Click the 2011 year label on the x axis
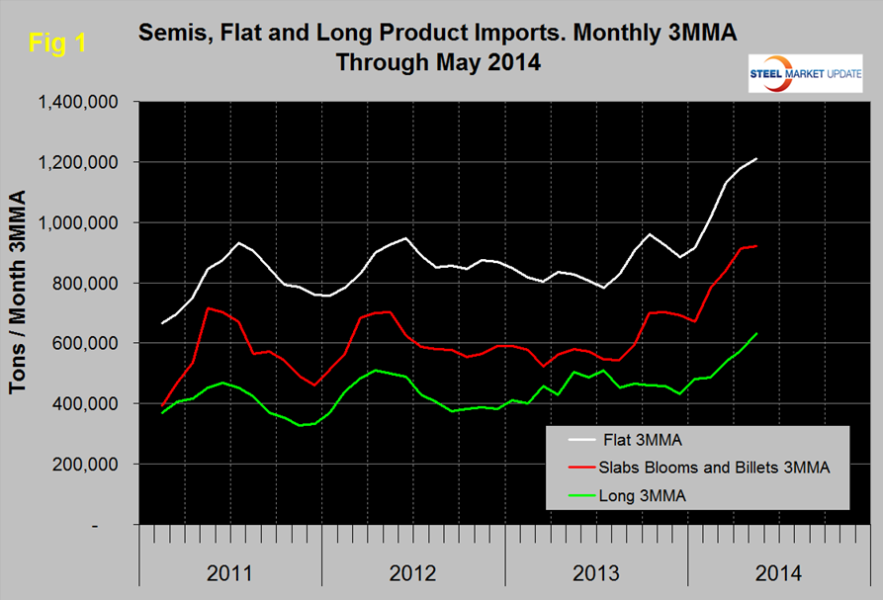pyautogui.click(x=230, y=571)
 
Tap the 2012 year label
pyautogui.click(x=413, y=571)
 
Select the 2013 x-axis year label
pyautogui.click(x=596, y=571)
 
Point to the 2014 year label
pyautogui.click(x=778, y=571)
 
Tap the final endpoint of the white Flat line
pyautogui.click(x=756, y=158)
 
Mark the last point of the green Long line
pyautogui.click(x=756, y=334)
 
